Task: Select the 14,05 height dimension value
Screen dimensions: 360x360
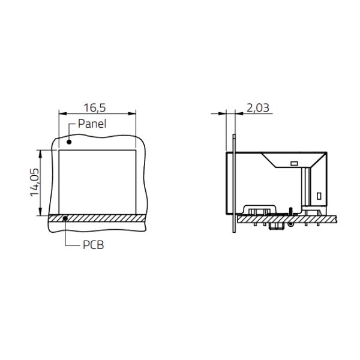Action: (35, 182)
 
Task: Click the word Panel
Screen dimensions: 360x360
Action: (92, 124)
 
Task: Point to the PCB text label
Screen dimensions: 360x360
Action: (93, 245)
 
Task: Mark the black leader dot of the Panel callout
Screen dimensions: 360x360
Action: (69, 142)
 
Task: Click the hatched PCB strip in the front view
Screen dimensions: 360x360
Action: (96, 218)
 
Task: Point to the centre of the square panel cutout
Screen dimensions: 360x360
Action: (97, 182)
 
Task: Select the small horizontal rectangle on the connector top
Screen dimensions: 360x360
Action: (293, 163)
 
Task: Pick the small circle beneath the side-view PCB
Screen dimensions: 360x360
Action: (290, 224)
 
